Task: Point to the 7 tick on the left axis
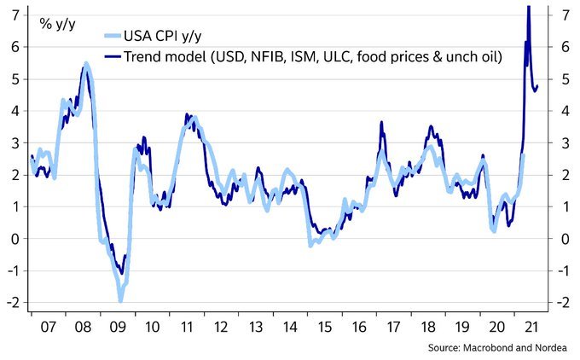pyautogui.click(x=14, y=15)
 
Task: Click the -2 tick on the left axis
pyautogui.click(x=12, y=303)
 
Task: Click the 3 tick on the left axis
pyautogui.click(x=14, y=142)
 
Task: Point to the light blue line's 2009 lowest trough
pyautogui.click(x=121, y=299)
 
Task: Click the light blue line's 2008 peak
pyautogui.click(x=87, y=64)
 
